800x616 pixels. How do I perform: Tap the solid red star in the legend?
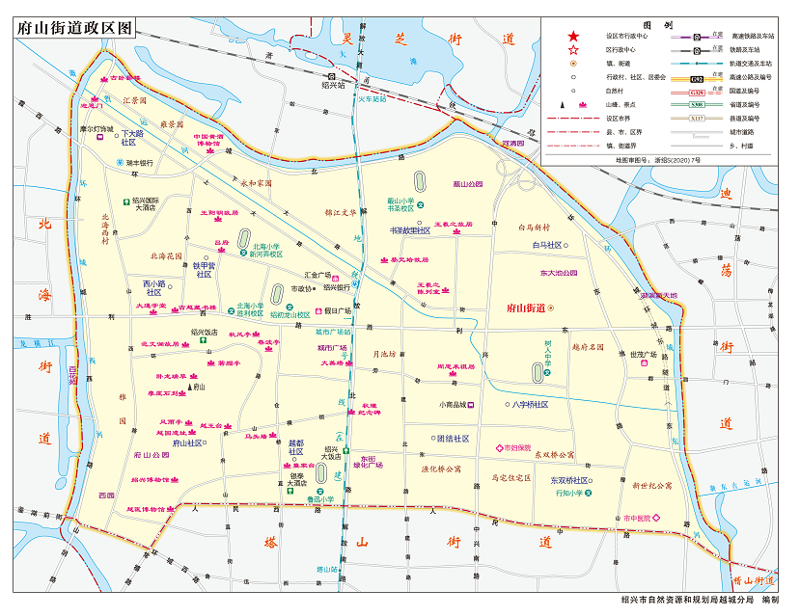click(x=573, y=36)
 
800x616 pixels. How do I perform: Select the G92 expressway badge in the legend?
click(x=696, y=76)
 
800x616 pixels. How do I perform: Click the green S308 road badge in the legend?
click(x=696, y=103)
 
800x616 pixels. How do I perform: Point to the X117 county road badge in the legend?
click(x=696, y=117)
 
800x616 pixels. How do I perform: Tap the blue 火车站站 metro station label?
click(x=372, y=98)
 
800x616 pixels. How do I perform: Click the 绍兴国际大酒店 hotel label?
click(x=150, y=204)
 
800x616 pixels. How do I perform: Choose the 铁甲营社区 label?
click(x=204, y=269)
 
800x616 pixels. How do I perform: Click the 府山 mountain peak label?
click(x=199, y=386)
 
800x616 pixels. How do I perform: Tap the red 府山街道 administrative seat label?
click(x=526, y=308)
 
